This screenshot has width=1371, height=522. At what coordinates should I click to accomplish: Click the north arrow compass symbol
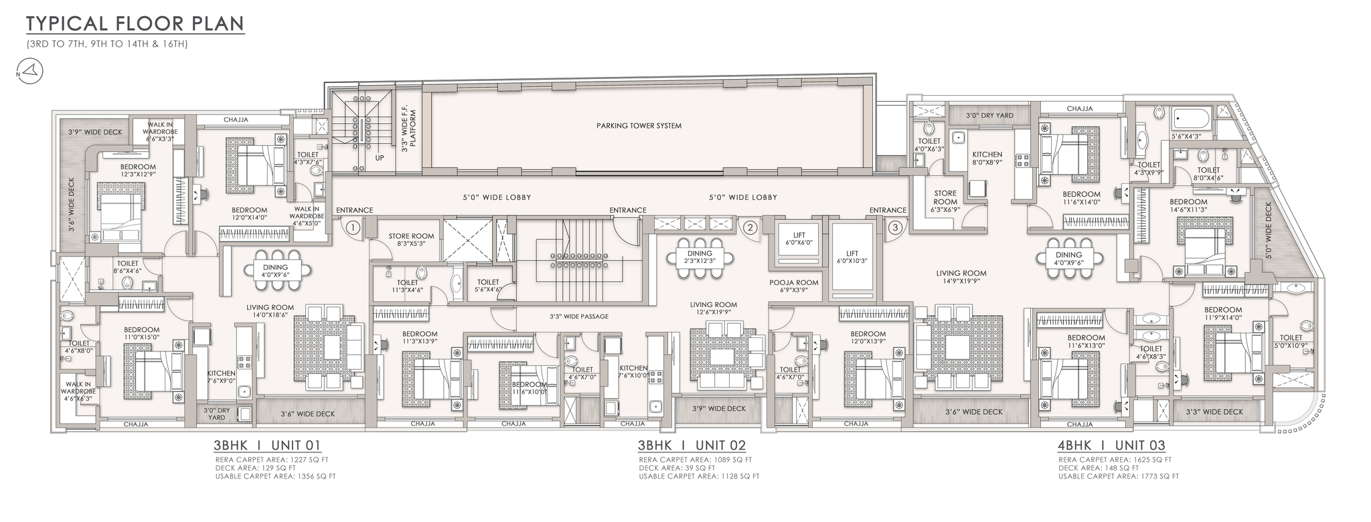click(27, 70)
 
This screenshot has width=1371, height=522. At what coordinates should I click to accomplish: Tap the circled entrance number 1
click(353, 228)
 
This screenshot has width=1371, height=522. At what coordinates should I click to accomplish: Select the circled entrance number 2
click(751, 228)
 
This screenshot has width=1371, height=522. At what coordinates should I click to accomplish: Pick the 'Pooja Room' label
click(794, 286)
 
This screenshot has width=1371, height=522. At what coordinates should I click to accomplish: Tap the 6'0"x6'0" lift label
click(799, 239)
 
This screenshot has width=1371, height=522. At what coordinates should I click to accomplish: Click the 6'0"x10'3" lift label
click(852, 258)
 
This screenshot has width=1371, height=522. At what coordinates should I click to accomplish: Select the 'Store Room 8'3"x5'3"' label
click(412, 240)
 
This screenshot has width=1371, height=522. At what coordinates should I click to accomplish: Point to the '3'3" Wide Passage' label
click(579, 316)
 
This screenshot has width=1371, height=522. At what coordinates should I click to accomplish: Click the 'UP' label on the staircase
click(380, 159)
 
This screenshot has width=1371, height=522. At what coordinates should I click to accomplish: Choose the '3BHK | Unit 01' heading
click(268, 445)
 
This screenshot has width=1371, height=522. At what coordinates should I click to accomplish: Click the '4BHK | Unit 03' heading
click(1112, 445)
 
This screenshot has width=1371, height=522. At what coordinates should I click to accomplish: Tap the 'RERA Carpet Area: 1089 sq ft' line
click(696, 460)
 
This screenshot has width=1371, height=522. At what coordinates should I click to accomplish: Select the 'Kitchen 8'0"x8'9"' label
click(987, 159)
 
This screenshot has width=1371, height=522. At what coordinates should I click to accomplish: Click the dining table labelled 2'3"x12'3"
click(700, 257)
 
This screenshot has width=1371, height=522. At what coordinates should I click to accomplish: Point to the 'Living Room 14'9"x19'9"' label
click(961, 278)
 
